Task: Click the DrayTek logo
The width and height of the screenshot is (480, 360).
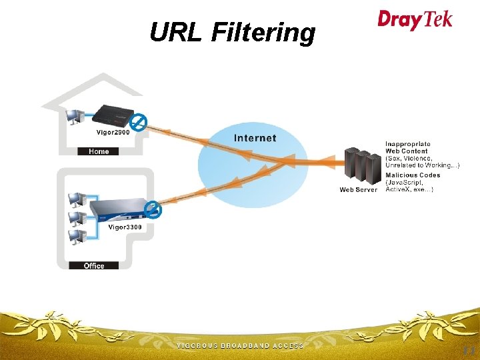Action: click(x=415, y=19)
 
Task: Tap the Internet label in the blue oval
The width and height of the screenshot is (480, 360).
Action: click(x=255, y=138)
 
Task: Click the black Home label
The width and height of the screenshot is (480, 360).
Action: click(x=99, y=151)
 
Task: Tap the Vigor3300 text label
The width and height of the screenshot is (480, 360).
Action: click(x=125, y=227)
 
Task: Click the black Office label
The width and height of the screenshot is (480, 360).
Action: click(x=94, y=265)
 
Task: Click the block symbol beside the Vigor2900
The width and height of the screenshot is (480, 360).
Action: click(x=139, y=122)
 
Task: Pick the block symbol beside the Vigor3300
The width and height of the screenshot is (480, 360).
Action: click(x=153, y=209)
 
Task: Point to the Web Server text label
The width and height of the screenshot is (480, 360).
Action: click(x=359, y=190)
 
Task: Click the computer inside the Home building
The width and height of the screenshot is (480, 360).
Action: click(x=75, y=117)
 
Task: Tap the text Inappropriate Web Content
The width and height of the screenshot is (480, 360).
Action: click(x=408, y=147)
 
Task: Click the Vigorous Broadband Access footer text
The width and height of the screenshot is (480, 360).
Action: click(x=239, y=346)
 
